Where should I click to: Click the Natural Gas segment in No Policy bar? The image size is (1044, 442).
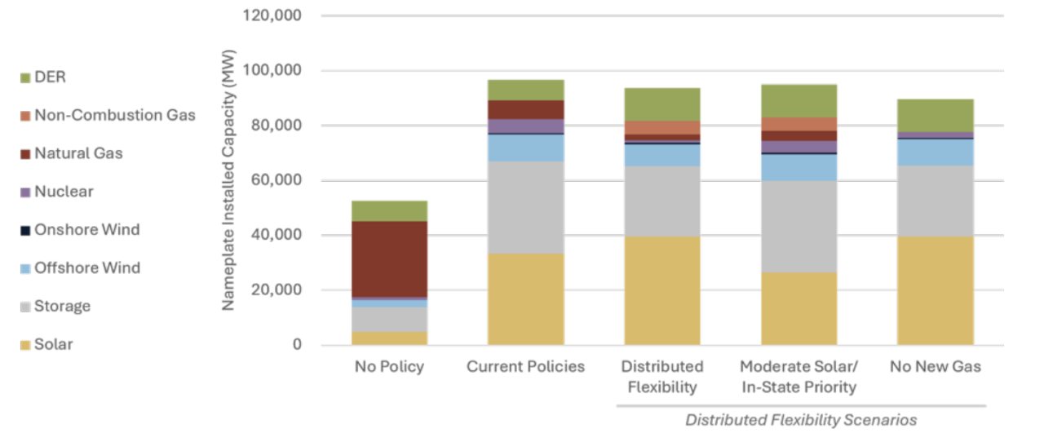390,259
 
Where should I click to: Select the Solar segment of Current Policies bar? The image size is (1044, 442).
526,299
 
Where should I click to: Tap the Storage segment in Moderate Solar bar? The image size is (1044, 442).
798,227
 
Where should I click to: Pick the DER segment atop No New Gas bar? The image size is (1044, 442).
936,116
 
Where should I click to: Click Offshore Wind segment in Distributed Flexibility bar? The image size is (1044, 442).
662,155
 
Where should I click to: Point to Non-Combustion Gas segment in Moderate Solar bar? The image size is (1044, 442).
798,124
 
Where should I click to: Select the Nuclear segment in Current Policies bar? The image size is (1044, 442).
526,126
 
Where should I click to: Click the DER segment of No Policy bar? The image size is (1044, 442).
390,211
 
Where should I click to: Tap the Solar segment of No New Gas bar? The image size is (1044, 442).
936,291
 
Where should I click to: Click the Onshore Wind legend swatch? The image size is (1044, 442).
25,230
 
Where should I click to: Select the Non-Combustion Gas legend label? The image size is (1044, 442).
115,115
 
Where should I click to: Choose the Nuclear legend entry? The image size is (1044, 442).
57,192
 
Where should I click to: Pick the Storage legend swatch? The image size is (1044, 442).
25,307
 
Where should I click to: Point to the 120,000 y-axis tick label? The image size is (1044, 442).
272,15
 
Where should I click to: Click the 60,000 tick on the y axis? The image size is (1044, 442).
276,180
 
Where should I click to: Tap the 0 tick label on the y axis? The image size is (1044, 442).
297,345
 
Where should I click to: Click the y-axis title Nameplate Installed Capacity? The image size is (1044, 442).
228,180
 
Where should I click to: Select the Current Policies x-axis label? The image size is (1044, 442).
526,366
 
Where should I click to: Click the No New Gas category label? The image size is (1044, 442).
936,366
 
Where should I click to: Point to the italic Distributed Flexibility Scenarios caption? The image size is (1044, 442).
801,420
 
